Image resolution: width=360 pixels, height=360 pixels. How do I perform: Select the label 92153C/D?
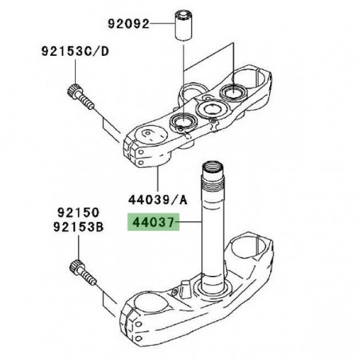pyautogui.click(x=76, y=54)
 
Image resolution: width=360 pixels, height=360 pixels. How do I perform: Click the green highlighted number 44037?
pyautogui.click(x=154, y=226)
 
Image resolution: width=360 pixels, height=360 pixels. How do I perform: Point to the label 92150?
pyautogui.click(x=77, y=213)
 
